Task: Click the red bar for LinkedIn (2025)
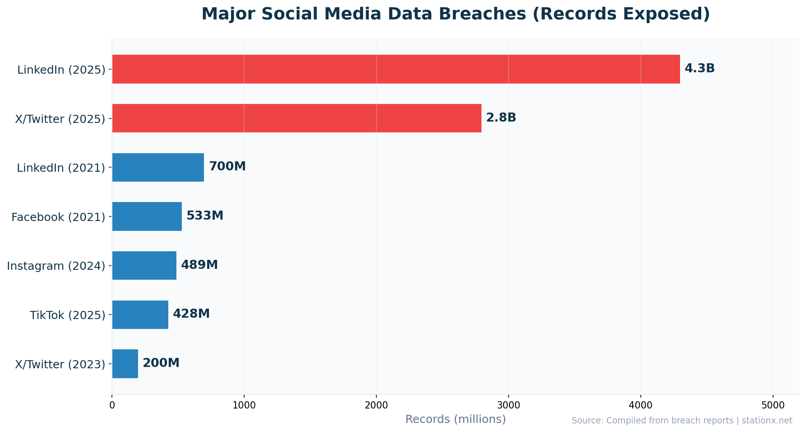click(x=396, y=69)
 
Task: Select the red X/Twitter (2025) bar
click(x=296, y=118)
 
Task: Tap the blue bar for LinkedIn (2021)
click(x=158, y=167)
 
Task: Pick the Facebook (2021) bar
click(x=147, y=216)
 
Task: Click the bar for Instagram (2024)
click(x=144, y=265)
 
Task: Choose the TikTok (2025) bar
click(x=140, y=315)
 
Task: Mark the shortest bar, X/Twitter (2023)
click(x=125, y=364)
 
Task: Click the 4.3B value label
click(x=699, y=69)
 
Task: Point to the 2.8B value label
click(x=501, y=118)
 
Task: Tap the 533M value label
click(x=205, y=216)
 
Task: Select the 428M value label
click(x=191, y=314)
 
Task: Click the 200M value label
click(x=161, y=363)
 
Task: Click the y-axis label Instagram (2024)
click(x=56, y=266)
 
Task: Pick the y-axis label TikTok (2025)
click(x=68, y=315)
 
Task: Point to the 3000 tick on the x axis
click(x=509, y=405)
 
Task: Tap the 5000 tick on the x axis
click(x=773, y=405)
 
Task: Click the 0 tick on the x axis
click(x=112, y=405)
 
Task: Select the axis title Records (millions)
click(x=455, y=419)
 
